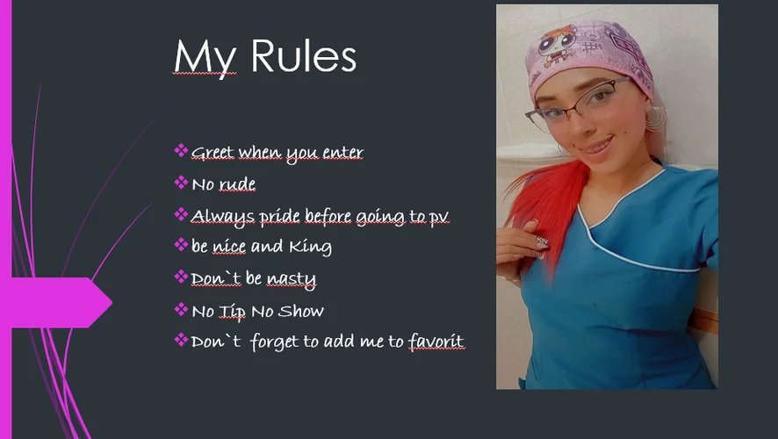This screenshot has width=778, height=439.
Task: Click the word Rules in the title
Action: [x=303, y=55]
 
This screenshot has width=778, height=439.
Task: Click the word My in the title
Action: [x=205, y=59]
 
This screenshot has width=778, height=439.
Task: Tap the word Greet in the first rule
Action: [x=213, y=152]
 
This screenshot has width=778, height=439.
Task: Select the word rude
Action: [x=237, y=184]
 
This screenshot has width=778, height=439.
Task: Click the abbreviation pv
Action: [x=439, y=217]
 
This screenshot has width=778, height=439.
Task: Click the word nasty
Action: [x=291, y=279]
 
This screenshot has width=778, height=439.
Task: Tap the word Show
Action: [x=300, y=311]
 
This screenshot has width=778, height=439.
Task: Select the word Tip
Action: [x=232, y=311]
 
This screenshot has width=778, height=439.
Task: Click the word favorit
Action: [x=436, y=341]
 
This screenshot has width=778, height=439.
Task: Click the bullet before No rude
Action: [x=181, y=183]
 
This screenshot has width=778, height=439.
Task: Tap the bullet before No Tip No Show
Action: [x=181, y=310]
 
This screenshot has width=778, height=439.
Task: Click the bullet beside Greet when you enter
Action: [x=181, y=150]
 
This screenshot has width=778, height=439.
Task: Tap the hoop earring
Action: [x=657, y=119]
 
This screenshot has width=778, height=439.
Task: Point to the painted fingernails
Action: [x=540, y=246]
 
